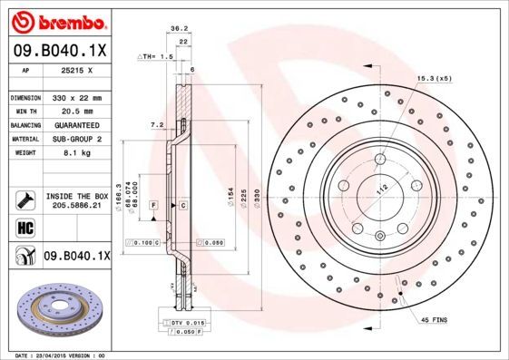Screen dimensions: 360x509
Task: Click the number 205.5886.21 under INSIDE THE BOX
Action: click(x=76, y=206)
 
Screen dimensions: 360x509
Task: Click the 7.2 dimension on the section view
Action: click(x=155, y=123)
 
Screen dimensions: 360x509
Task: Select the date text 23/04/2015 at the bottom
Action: click(x=60, y=355)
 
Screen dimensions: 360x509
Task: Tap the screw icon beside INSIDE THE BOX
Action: click(x=24, y=199)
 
